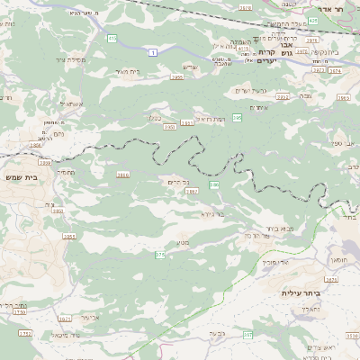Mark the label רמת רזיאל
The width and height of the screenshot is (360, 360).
(x=211, y=119)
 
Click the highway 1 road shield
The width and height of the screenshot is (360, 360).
(x=154, y=54)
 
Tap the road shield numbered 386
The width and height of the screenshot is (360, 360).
(x=214, y=184)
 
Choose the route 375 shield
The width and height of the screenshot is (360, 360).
(x=159, y=256)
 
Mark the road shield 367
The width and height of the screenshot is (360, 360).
(x=247, y=335)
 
